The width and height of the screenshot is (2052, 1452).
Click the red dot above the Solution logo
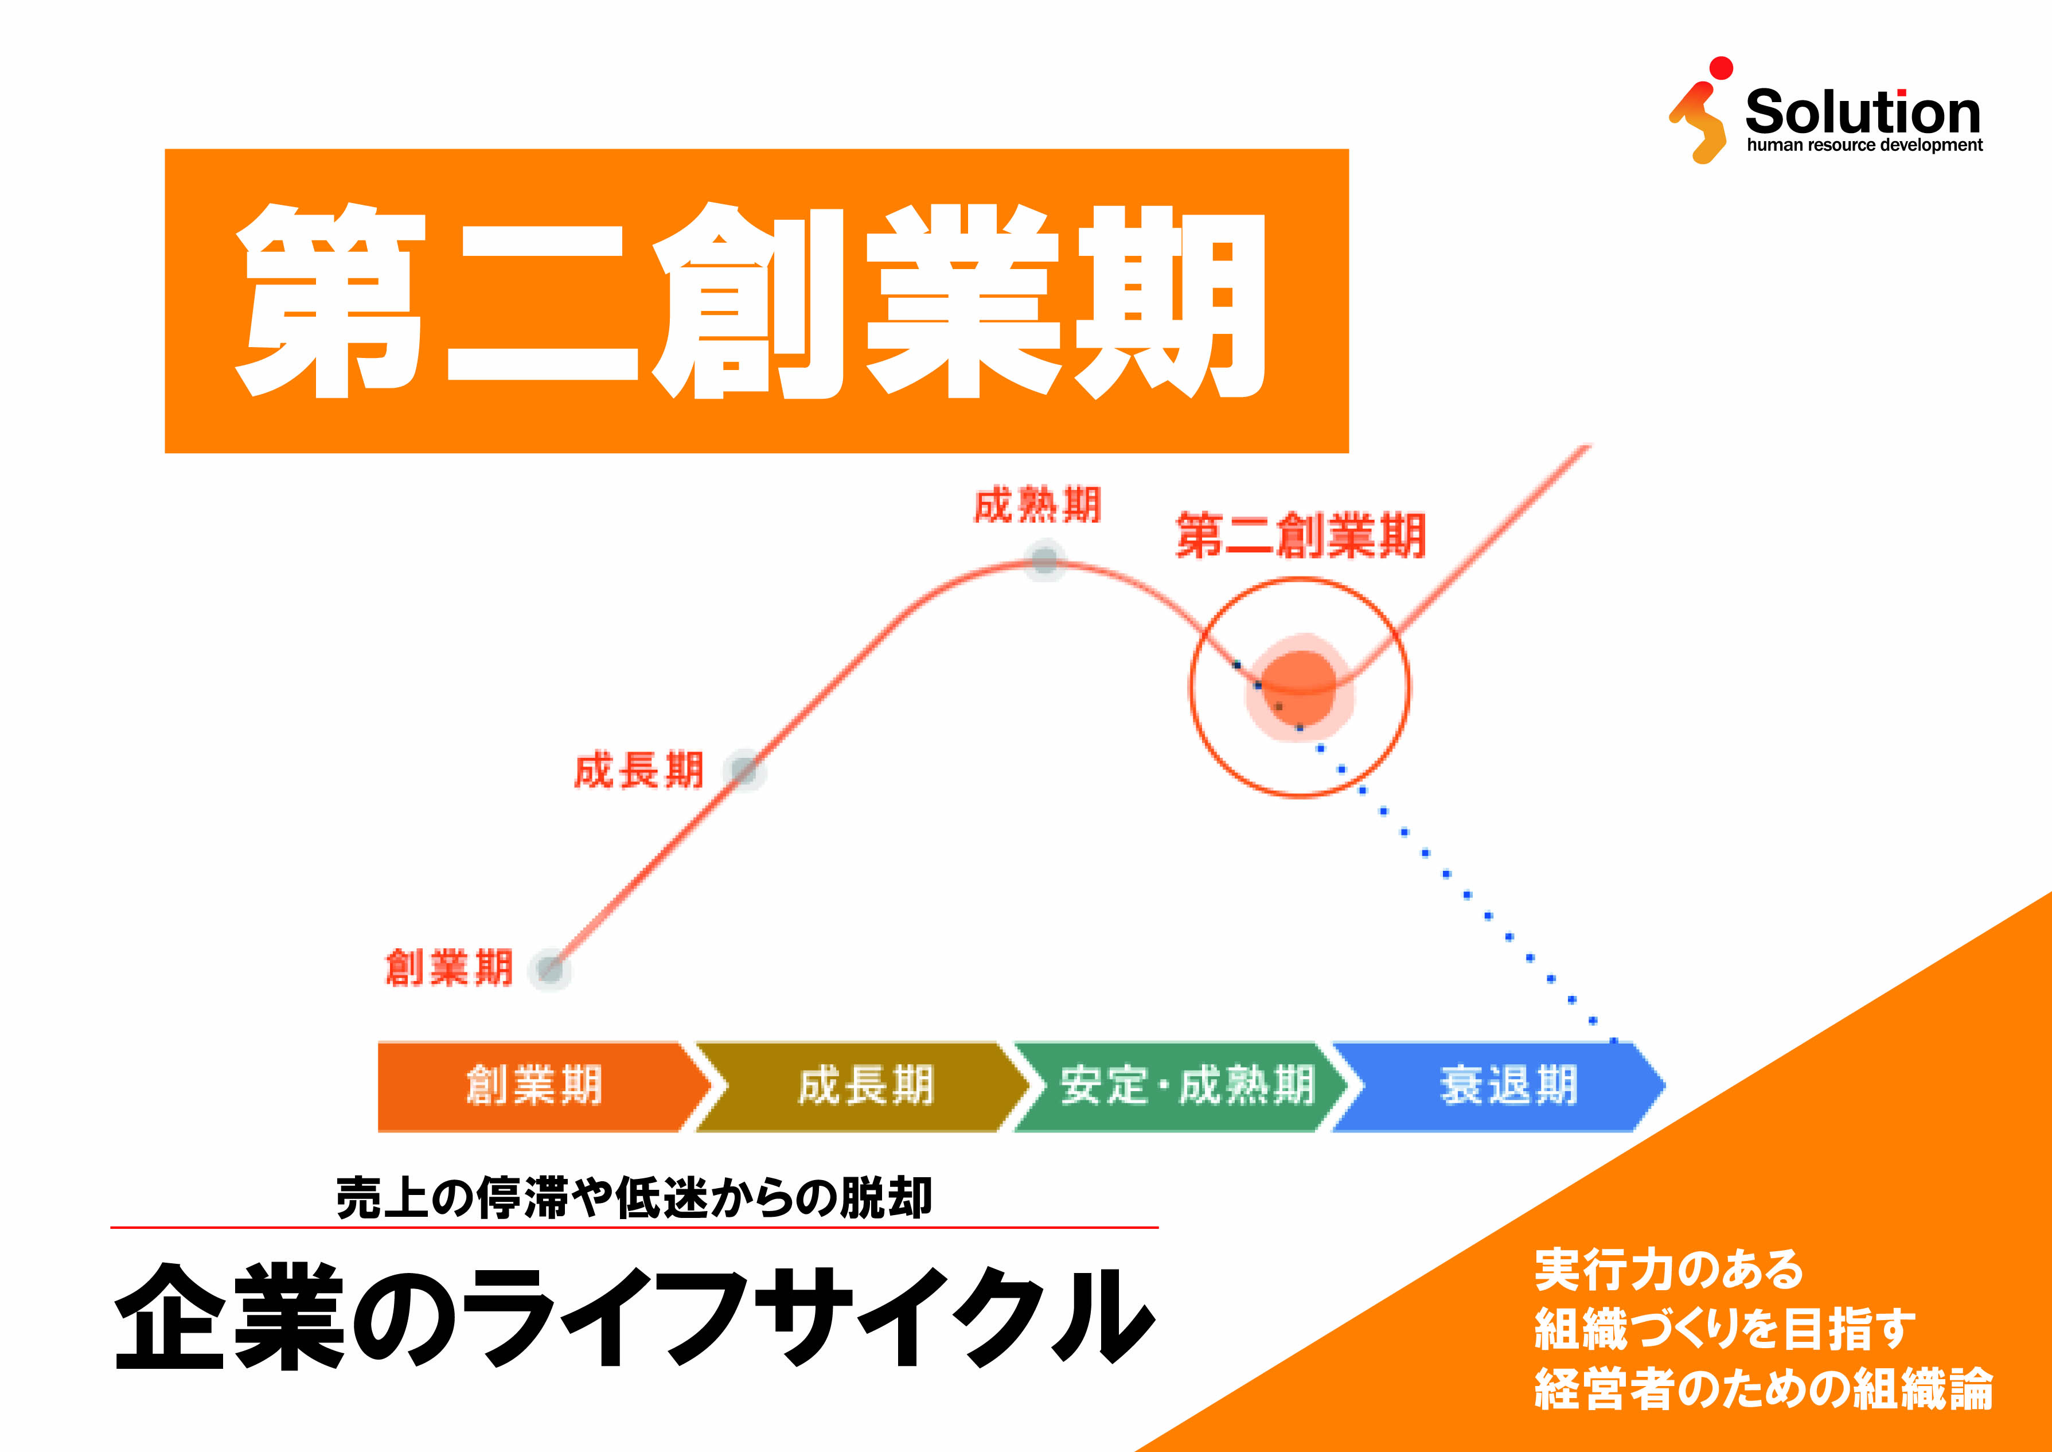point(1721,68)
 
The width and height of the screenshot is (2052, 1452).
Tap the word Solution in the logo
point(1863,112)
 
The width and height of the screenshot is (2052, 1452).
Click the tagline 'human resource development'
point(1864,145)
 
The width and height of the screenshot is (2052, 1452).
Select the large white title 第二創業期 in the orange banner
point(751,301)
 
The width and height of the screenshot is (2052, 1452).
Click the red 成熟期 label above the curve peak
point(1037,505)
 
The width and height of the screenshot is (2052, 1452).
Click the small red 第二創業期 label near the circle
point(1300,536)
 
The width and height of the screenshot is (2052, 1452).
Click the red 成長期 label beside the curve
point(638,770)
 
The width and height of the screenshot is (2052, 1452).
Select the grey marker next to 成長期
point(744,770)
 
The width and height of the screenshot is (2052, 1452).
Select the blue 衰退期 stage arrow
point(1507,1085)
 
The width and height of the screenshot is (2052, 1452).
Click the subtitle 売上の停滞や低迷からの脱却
point(634,1198)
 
